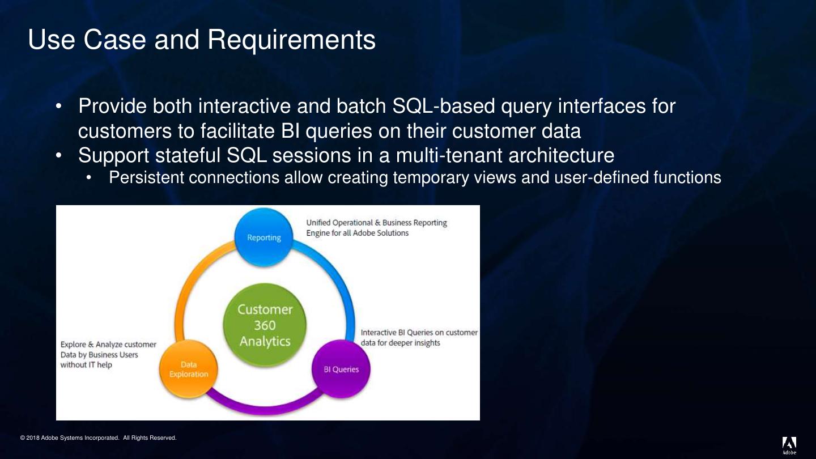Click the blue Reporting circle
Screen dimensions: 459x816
(x=264, y=237)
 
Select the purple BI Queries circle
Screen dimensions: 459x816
(x=341, y=369)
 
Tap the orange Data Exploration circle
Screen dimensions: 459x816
(x=189, y=369)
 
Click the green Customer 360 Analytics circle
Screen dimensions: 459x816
(x=265, y=325)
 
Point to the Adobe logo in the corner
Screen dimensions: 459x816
(x=789, y=445)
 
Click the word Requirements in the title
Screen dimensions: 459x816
(x=291, y=40)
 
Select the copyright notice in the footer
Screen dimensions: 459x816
(x=98, y=438)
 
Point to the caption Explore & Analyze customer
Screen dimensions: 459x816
(x=108, y=345)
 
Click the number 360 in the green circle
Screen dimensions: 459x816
(x=265, y=325)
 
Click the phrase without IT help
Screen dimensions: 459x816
(x=86, y=365)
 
